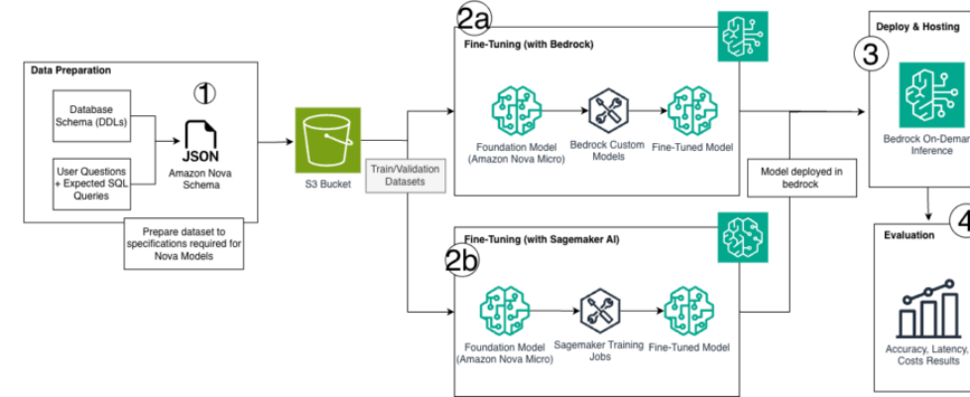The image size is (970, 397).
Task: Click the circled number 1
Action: tap(204, 94)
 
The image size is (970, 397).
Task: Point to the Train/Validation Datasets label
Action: tap(406, 177)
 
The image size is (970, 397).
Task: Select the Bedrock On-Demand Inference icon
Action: tap(924, 91)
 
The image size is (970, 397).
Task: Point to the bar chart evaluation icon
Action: tap(926, 308)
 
